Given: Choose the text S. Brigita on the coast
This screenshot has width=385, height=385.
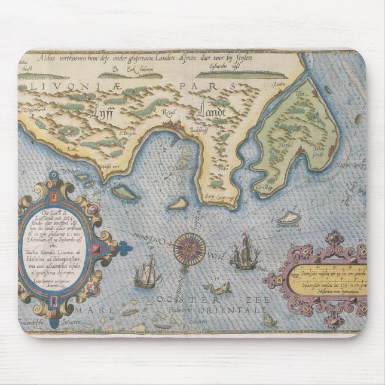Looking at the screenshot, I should pyautogui.click(x=127, y=134).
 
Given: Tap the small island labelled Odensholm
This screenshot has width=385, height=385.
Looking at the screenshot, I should pyautogui.click(x=291, y=218).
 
